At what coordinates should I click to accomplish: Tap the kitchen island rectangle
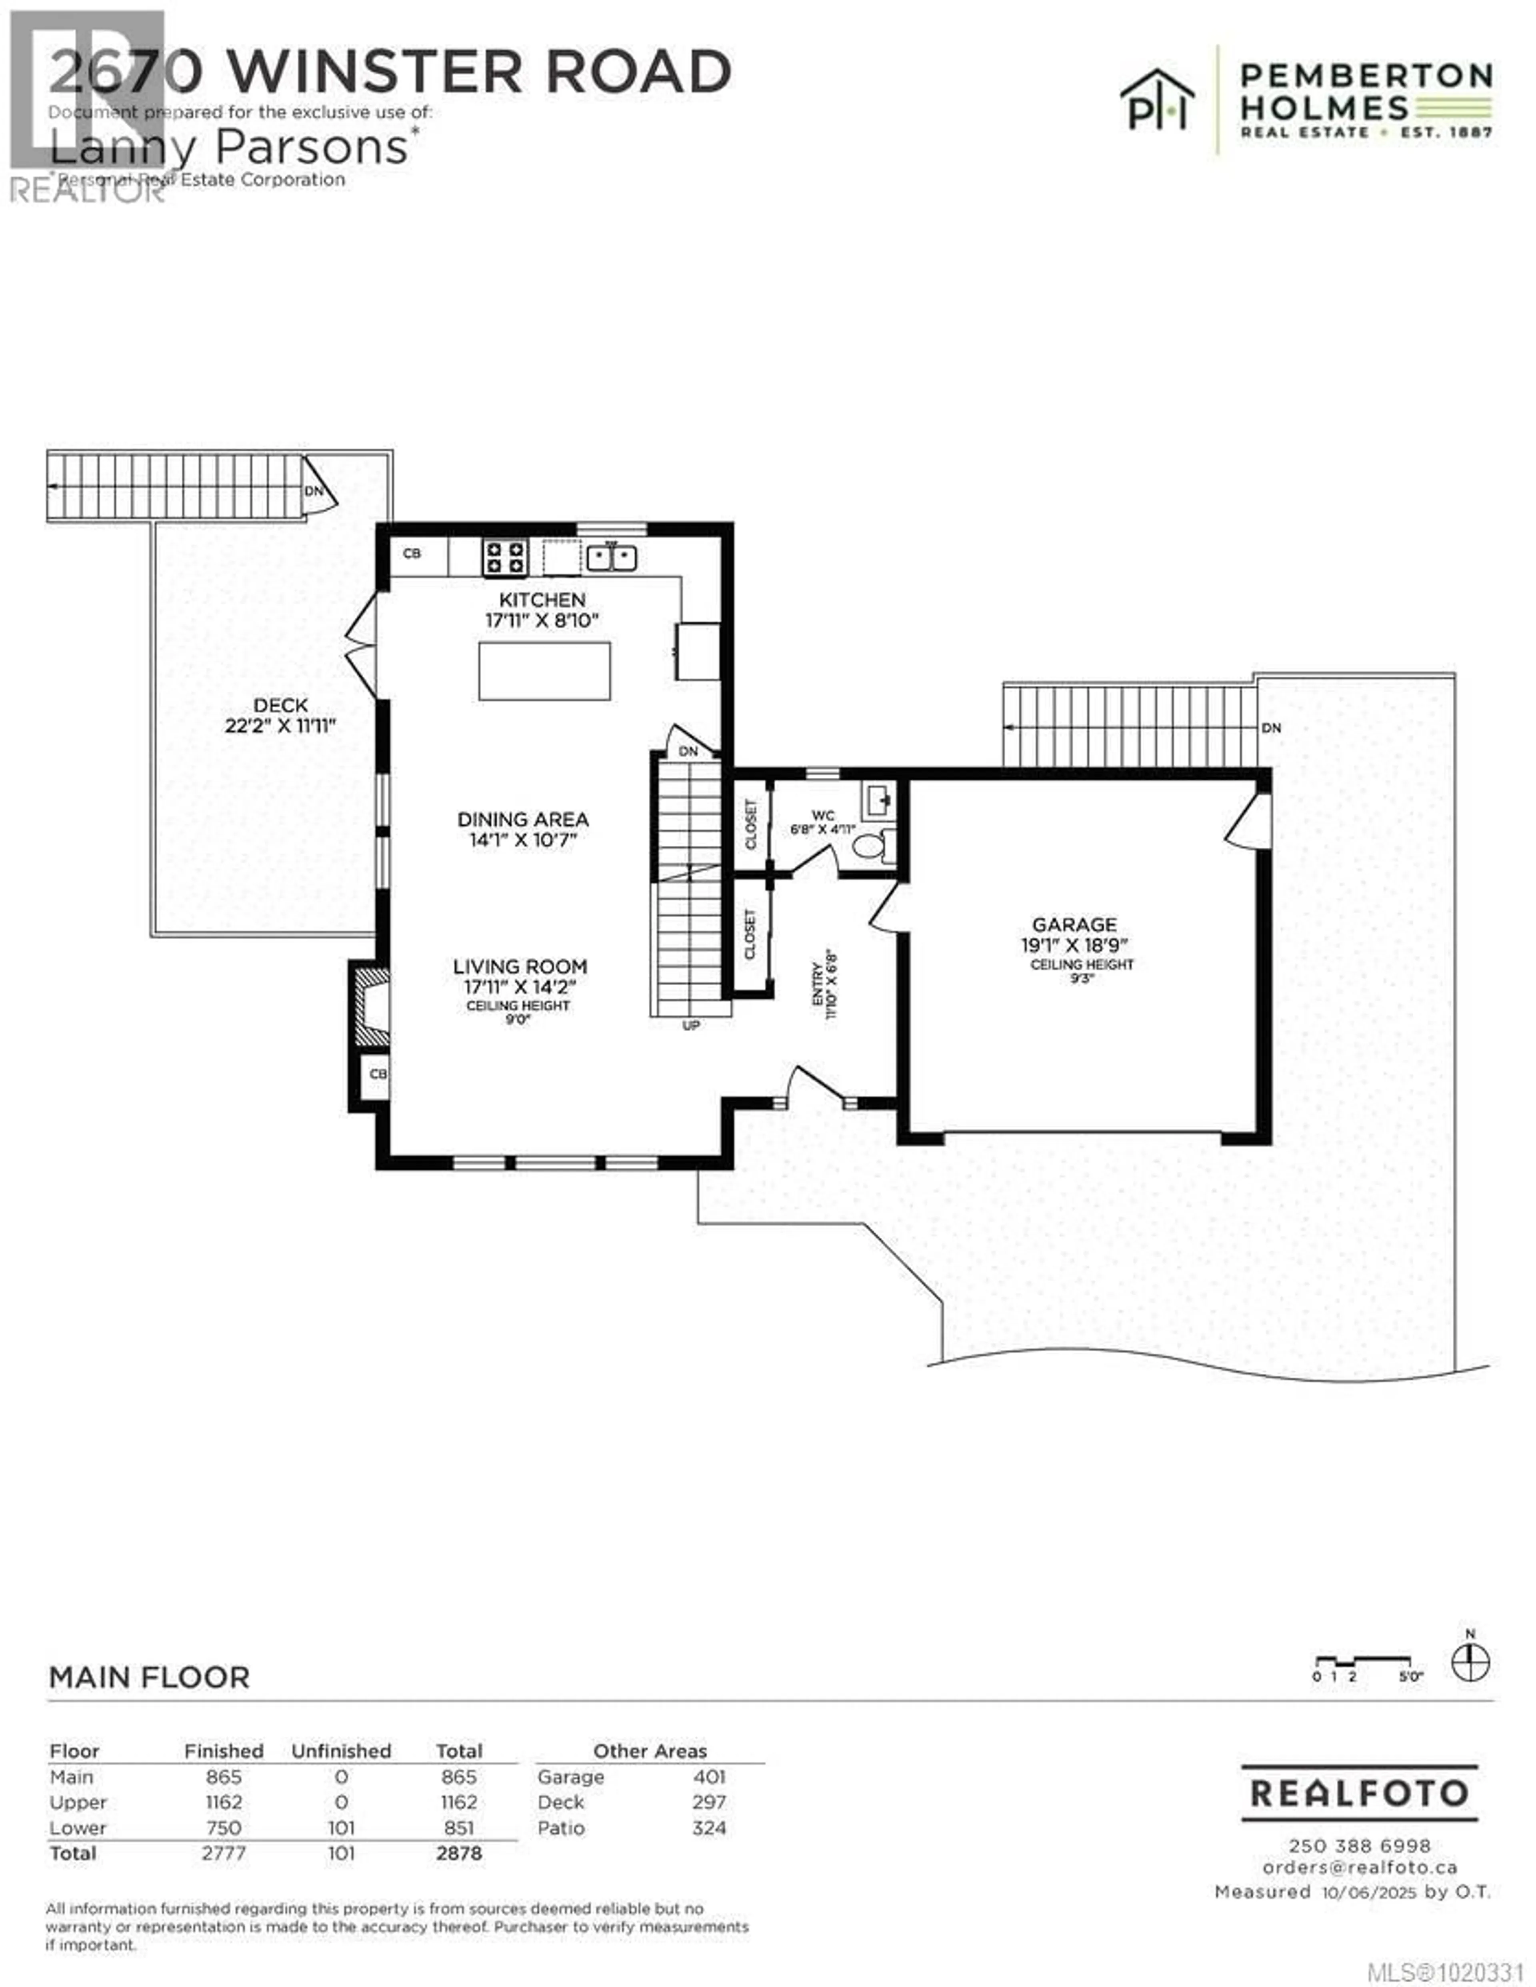[x=544, y=670]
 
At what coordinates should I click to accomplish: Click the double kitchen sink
[x=610, y=557]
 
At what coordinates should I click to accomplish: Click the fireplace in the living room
[x=371, y=1005]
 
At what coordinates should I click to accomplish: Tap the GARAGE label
[x=1074, y=924]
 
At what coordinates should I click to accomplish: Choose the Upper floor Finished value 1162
[x=224, y=1802]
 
